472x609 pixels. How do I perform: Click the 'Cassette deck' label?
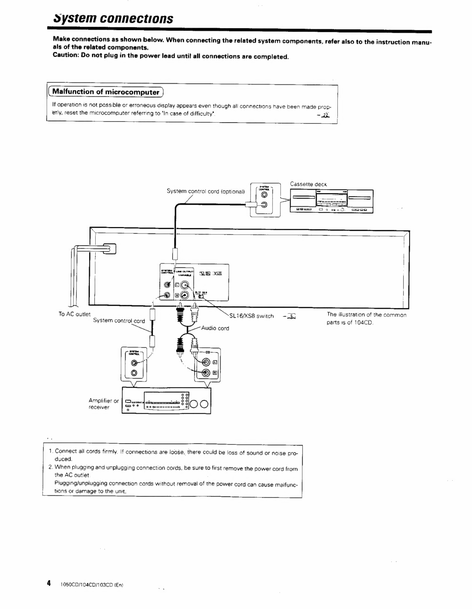coord(308,184)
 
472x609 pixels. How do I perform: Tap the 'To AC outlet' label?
coord(74,314)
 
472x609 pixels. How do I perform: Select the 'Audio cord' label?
coord(215,328)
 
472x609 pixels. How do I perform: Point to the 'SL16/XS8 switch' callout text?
coord(251,316)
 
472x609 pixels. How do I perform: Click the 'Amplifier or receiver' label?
coord(103,404)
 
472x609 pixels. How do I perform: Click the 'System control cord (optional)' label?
coord(206,191)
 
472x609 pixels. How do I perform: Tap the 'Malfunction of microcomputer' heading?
coord(106,92)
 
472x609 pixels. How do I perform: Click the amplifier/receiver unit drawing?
coord(166,400)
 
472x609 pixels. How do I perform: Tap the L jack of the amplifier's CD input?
coord(206,362)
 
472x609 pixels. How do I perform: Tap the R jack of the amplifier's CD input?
coord(206,373)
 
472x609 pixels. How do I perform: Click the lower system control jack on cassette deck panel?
coord(265,205)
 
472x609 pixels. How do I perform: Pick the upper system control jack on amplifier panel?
coord(134,363)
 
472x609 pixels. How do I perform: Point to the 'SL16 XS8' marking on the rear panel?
coord(210,274)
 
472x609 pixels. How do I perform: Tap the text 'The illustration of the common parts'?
coord(366,315)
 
